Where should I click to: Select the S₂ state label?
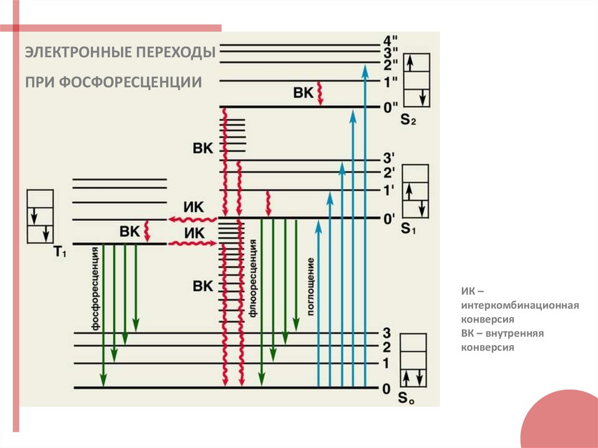click(x=408, y=121)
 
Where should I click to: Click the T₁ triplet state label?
click(x=60, y=252)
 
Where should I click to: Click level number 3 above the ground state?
click(x=386, y=334)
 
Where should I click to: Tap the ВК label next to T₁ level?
click(x=130, y=231)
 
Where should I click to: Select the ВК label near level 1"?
click(x=304, y=92)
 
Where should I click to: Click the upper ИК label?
click(x=193, y=207)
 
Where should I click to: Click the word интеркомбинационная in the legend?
click(x=519, y=305)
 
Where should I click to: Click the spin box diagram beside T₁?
click(x=40, y=216)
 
